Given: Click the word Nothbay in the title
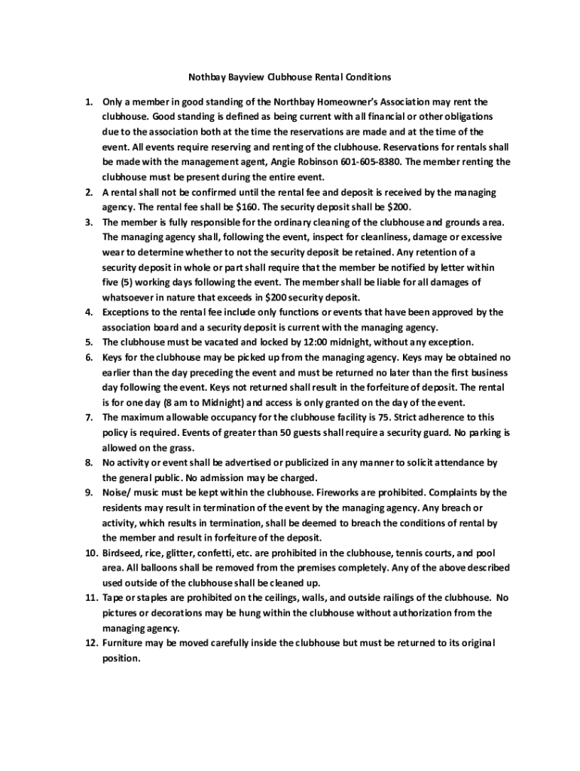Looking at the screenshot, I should pyautogui.click(x=206, y=77).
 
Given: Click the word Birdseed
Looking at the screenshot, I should pyautogui.click(x=124, y=553).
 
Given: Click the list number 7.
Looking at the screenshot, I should pyautogui.click(x=87, y=417).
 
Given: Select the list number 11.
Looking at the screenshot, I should pyautogui.click(x=88, y=598).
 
